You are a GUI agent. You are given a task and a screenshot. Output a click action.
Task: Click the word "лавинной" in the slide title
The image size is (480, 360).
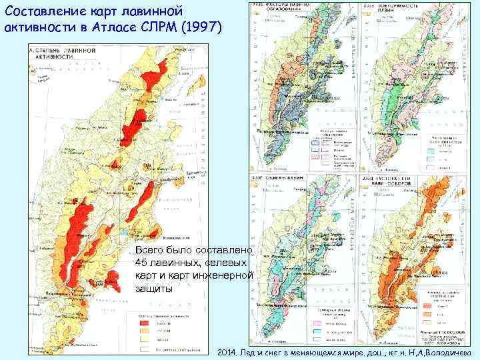coord(155,11)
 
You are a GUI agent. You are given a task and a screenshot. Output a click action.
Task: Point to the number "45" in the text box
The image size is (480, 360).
coord(143,261)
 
